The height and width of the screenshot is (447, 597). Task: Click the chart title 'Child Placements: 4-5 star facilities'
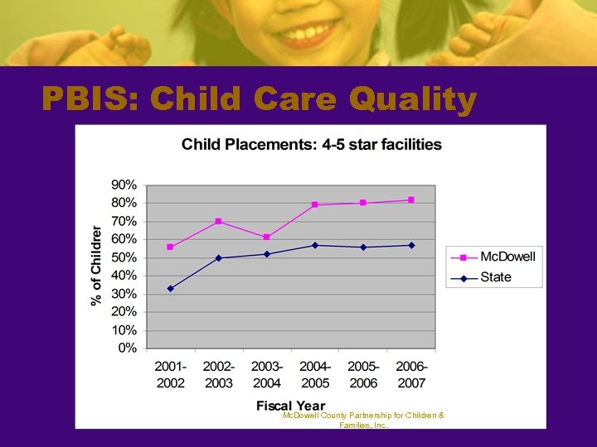tap(311, 145)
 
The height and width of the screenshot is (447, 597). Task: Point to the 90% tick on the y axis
tap(124, 185)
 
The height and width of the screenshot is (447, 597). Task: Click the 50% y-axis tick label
tap(124, 257)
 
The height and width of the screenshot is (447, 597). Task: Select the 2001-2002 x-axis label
tap(170, 375)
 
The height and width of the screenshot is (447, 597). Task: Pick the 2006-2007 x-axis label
tap(411, 375)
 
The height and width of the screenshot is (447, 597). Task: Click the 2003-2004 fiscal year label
tap(266, 375)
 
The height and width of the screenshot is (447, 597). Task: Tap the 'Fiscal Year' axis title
tap(290, 406)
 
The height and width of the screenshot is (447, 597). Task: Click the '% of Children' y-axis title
tap(96, 265)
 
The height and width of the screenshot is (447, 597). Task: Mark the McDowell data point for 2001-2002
tap(170, 247)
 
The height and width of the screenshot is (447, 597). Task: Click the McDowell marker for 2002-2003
tap(218, 221)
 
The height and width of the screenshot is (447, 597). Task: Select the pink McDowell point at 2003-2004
tap(266, 238)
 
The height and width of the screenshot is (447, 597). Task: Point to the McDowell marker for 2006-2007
tap(411, 199)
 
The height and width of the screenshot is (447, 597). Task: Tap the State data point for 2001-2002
tap(170, 288)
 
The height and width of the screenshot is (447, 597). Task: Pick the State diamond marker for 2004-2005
tap(315, 245)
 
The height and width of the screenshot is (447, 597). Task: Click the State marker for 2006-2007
tap(411, 245)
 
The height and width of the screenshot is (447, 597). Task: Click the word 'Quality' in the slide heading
tap(413, 100)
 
